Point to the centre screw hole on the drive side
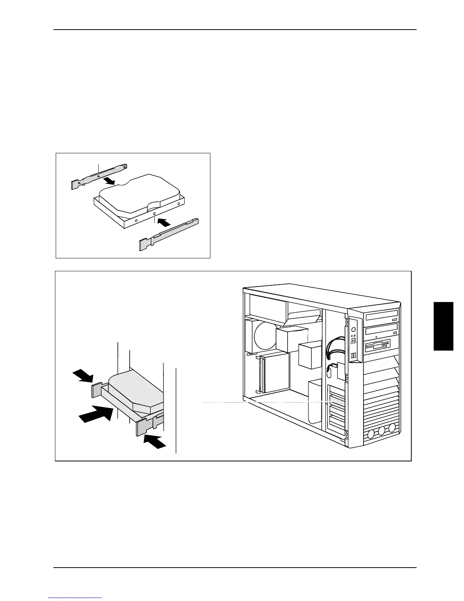tap(154, 214)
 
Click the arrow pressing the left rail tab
tap(83, 377)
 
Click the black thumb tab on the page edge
tap(443, 326)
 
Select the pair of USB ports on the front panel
tap(354, 356)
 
